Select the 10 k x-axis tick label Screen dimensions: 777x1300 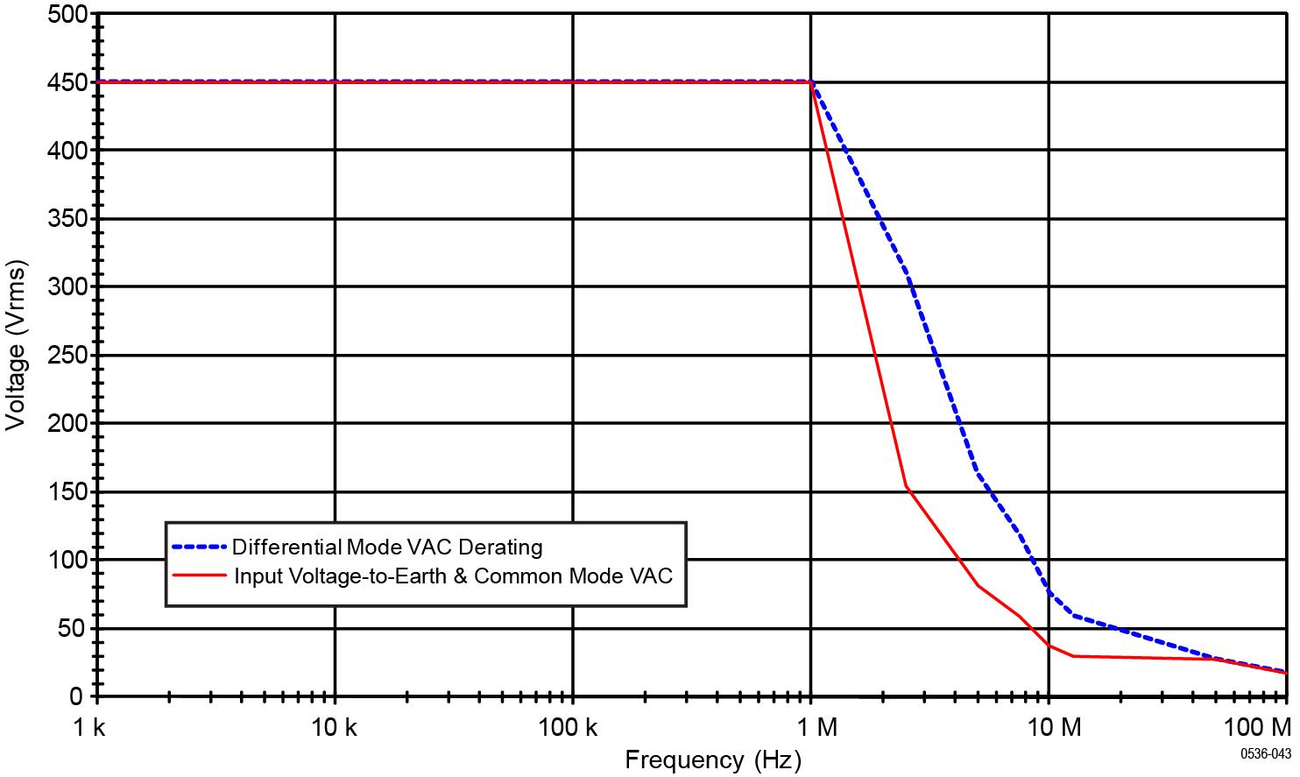[x=335, y=726]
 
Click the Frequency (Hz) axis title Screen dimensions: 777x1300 [x=712, y=759]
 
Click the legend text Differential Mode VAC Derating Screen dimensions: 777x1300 [x=387, y=547]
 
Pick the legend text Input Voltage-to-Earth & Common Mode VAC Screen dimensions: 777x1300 [x=454, y=576]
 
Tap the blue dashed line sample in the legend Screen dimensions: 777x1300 [x=199, y=547]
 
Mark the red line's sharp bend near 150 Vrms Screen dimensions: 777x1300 [x=906, y=487]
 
